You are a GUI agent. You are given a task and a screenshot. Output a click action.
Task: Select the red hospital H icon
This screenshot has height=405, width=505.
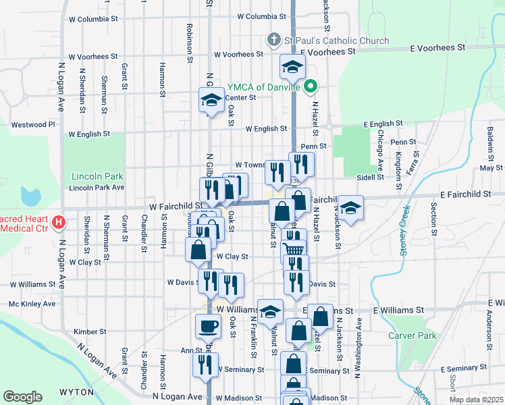(x=59, y=221)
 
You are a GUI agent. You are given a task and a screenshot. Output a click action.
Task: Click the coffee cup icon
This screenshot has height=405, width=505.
(x=207, y=327)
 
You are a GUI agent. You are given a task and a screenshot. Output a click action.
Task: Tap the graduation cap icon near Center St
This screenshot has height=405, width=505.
(x=211, y=101)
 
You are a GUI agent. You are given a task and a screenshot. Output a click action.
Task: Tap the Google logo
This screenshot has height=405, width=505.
(x=22, y=397)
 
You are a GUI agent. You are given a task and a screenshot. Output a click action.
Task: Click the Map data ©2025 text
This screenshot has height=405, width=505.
(x=475, y=400)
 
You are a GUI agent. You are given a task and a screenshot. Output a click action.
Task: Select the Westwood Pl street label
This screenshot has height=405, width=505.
(x=32, y=124)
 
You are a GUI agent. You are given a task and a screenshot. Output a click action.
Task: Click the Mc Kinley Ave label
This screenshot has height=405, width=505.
(x=31, y=304)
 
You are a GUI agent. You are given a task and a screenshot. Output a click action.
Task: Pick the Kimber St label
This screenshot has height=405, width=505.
(x=90, y=331)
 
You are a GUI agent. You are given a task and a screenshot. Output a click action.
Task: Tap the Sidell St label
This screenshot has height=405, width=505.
(x=370, y=177)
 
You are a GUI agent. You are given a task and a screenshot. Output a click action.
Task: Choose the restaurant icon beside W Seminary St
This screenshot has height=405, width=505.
(x=205, y=364)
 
